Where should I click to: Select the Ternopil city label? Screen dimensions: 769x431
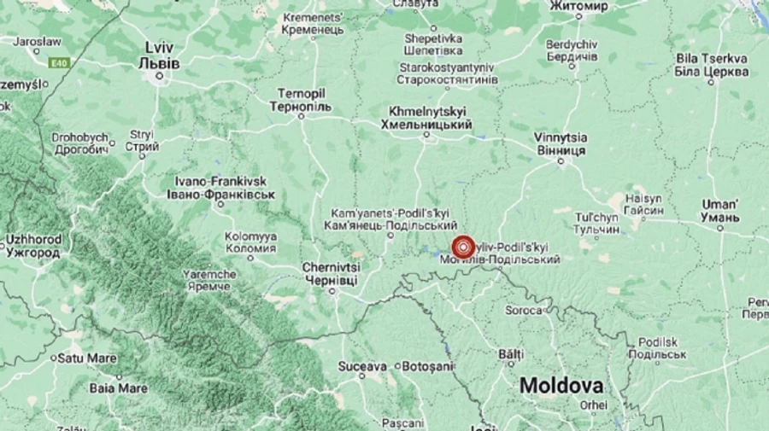coord(300,100)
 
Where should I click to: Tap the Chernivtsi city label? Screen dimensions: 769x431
coord(332,273)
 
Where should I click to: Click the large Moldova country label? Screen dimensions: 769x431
coord(561,385)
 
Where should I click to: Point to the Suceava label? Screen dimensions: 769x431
coord(363,366)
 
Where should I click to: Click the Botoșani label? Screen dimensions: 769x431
coord(426,366)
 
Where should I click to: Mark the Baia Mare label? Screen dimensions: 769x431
coord(118,387)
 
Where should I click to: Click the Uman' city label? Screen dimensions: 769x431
coord(719,211)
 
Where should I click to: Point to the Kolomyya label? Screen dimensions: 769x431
coord(250,242)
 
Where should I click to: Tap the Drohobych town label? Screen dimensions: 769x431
coord(79,143)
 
